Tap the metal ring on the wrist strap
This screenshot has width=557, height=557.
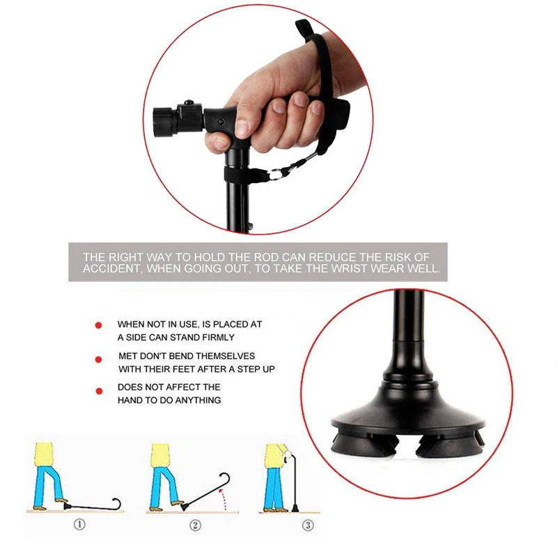coord(276,175)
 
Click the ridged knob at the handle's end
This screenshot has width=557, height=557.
coord(164,120)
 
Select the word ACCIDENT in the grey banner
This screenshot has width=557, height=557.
coord(113,269)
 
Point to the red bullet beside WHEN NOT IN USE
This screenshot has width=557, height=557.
coord(98,325)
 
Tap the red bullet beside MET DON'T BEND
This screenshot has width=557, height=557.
coord(99,359)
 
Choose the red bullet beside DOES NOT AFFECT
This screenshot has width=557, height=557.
coord(99,391)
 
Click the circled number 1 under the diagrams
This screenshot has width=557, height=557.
coord(79,524)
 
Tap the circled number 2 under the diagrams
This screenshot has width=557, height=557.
coord(195,525)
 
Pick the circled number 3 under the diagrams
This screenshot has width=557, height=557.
coord(308,525)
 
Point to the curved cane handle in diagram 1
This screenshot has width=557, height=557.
coord(116,504)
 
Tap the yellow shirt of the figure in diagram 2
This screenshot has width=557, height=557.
coord(161,455)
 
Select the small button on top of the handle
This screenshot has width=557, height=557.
coord(189,102)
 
